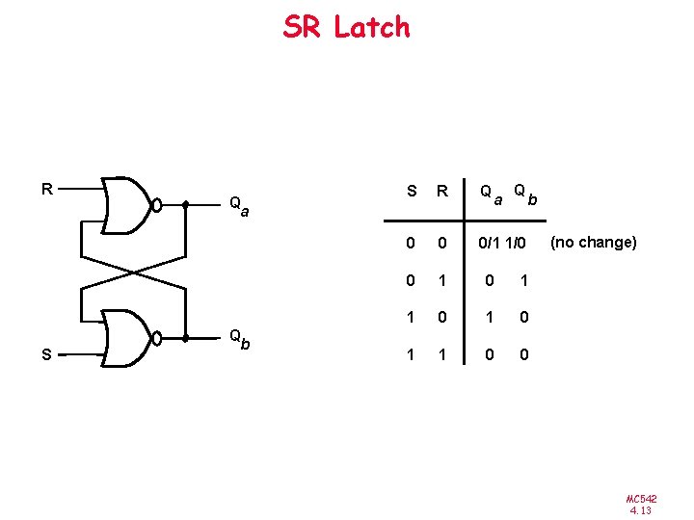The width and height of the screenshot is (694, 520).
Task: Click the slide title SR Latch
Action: [346, 27]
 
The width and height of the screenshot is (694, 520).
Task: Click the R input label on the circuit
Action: [45, 188]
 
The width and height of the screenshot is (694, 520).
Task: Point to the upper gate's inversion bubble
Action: [156, 205]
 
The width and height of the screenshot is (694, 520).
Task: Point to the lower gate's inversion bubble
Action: [156, 338]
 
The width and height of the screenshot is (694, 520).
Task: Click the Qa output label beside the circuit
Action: [238, 205]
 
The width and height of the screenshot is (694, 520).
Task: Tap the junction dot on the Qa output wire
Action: [186, 205]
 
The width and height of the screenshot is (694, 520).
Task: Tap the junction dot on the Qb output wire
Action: [186, 338]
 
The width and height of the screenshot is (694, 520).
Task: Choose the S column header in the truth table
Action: [412, 191]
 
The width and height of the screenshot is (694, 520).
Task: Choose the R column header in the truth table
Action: [443, 191]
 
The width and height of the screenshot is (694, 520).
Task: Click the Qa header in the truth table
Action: [492, 195]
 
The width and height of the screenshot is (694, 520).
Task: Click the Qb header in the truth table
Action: [524, 195]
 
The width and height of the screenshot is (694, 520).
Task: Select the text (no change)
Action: [593, 242]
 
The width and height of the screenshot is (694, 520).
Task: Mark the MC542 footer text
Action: [641, 498]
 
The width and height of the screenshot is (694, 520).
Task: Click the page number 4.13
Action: [641, 510]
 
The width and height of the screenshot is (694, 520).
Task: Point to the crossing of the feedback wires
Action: [131, 272]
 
